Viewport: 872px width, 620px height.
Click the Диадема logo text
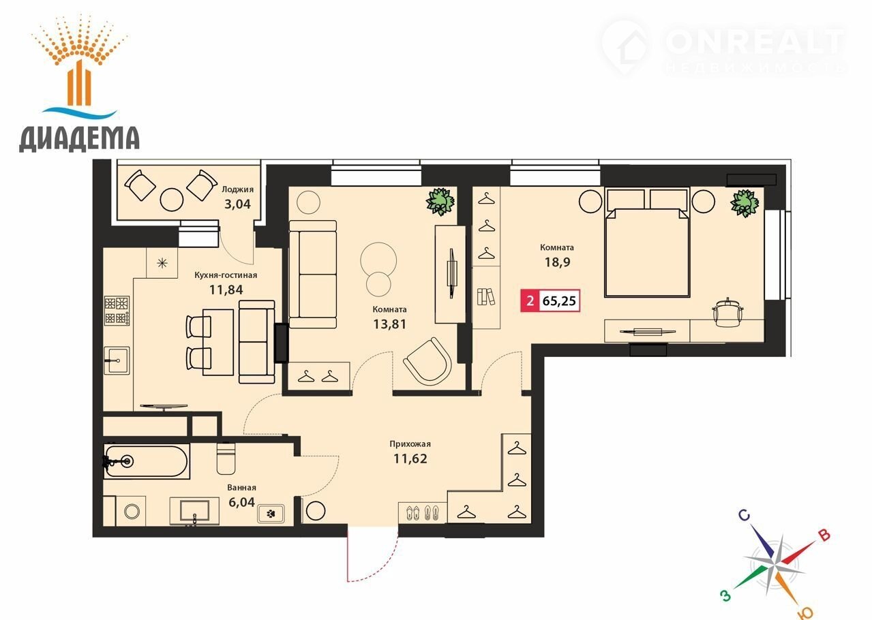point(79,139)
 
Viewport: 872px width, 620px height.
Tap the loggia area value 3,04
point(237,204)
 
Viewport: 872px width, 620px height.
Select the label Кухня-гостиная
point(226,275)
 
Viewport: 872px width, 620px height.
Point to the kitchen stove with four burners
point(117,311)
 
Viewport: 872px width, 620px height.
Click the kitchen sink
point(117,360)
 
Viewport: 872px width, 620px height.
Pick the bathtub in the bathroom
point(147,462)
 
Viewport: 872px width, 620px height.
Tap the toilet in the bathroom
point(226,459)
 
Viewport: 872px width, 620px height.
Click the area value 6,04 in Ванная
point(242,502)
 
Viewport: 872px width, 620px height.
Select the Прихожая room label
point(410,444)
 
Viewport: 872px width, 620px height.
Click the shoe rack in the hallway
point(423,512)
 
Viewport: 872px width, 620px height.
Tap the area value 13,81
point(390,324)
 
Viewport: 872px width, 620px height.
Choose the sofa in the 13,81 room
point(312,275)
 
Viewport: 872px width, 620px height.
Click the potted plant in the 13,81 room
point(440,202)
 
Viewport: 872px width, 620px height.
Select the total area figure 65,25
point(559,301)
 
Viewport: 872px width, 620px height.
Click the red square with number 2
point(530,300)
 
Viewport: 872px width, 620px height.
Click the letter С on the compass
point(744,515)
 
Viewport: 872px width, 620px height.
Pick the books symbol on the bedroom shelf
point(486,296)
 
